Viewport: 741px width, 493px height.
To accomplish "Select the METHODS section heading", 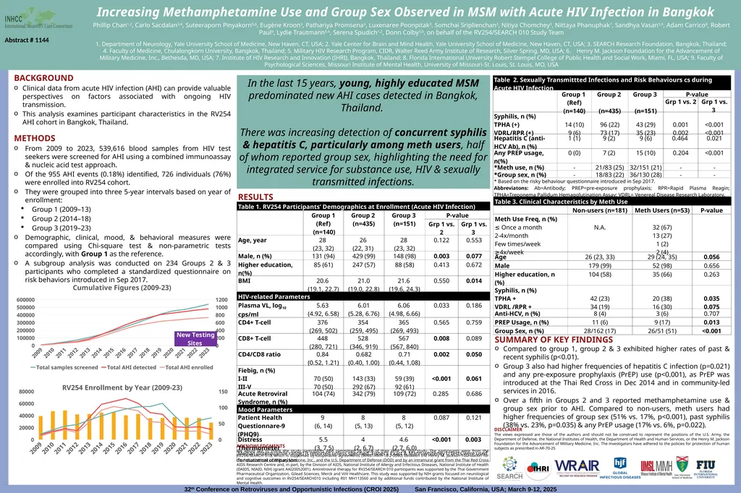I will click(x=35, y=138).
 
